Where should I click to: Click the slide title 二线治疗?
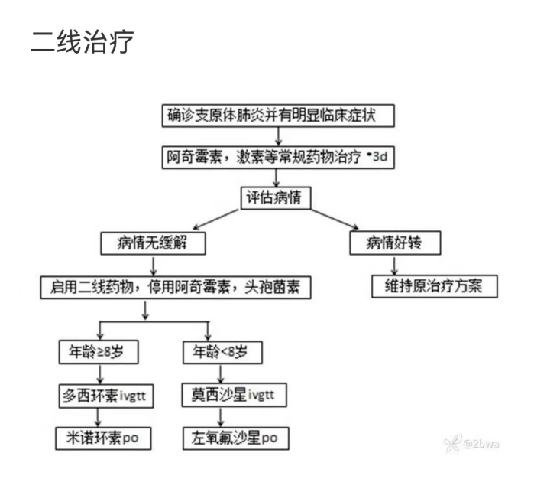tap(82, 41)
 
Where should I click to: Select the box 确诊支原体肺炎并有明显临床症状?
tap(278, 116)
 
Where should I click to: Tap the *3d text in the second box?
tap(377, 157)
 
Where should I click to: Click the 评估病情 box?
tap(276, 198)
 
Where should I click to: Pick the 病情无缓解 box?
tap(153, 243)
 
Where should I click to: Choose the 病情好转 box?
tap(395, 243)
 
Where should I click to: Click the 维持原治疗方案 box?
tap(435, 286)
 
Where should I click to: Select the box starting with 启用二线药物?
tap(176, 288)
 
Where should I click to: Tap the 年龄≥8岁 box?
tap(99, 352)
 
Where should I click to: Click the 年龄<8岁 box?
tap(222, 352)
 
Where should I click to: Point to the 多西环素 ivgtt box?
tap(106, 396)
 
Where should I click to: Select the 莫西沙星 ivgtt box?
tap(234, 395)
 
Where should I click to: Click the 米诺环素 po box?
tap(103, 438)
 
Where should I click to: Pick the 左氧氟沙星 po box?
tap(235, 438)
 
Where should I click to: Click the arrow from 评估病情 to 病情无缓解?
tap(215, 219)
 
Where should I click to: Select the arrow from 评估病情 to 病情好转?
tap(335, 219)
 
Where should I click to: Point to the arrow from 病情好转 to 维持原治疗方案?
tap(394, 266)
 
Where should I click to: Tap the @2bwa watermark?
tap(472, 443)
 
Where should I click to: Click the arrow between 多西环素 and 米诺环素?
tap(98, 418)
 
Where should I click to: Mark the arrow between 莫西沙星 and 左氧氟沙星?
tap(221, 417)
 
